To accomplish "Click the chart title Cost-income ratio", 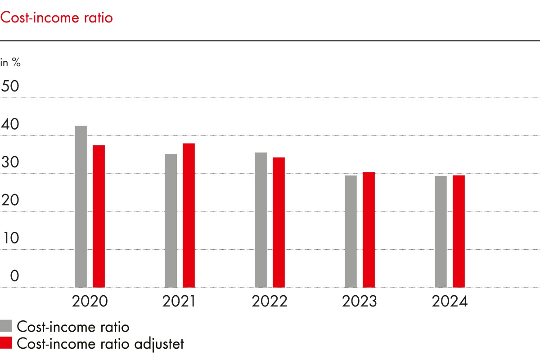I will click(x=56, y=18).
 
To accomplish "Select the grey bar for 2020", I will click(x=81, y=207).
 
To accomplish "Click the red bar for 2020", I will click(x=99, y=216).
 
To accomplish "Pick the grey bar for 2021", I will click(x=171, y=220).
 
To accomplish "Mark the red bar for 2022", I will click(x=279, y=222).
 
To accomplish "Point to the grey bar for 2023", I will click(x=351, y=231).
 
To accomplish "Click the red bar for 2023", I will click(x=369, y=229).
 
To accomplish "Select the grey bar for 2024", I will click(x=441, y=231).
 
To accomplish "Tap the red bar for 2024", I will click(x=459, y=231).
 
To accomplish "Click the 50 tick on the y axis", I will click(x=10, y=86).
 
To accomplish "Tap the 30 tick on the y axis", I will click(x=10, y=162).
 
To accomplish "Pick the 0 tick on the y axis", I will click(x=14, y=276).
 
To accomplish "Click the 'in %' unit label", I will click(x=10, y=63).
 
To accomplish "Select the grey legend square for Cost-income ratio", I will click(x=6, y=326).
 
